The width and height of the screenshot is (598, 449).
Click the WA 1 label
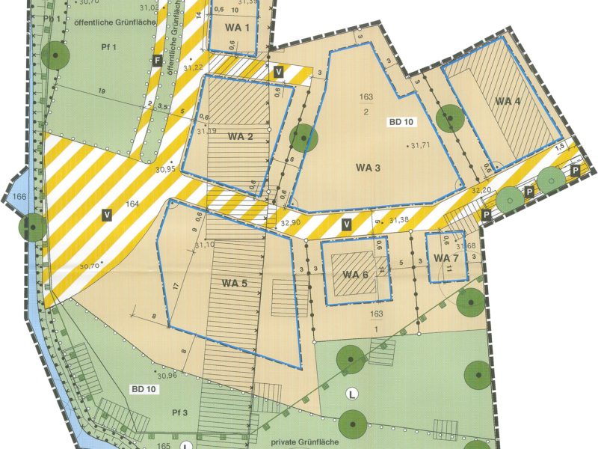click(234, 29)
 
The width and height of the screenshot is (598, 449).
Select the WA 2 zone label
click(241, 136)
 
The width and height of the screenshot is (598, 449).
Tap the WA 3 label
click(367, 168)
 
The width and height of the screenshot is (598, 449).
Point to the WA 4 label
click(508, 102)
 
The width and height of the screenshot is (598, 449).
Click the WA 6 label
click(356, 274)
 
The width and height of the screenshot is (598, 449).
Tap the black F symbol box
click(157, 60)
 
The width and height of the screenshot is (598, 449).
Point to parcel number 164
click(133, 203)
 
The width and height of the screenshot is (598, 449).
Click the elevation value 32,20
click(482, 192)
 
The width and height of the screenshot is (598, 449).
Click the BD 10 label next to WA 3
click(400, 121)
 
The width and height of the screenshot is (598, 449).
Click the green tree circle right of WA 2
click(302, 138)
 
